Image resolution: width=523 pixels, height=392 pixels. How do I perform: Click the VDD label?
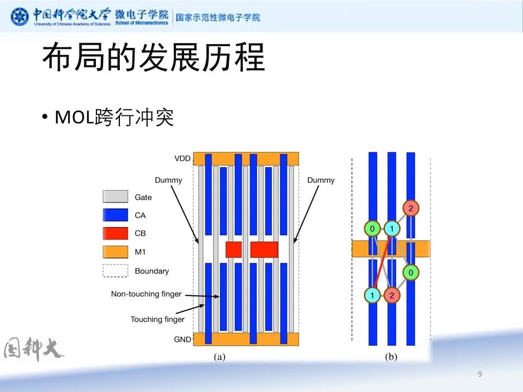coord(183,159)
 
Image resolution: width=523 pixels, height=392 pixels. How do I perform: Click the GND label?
coord(183,339)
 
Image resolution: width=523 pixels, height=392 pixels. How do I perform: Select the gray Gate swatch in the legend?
coord(115,197)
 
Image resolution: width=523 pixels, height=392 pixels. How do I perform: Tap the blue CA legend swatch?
coord(115,215)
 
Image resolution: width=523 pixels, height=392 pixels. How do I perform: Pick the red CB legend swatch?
coord(115,233)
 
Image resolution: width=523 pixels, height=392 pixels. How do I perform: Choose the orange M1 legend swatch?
coord(115,252)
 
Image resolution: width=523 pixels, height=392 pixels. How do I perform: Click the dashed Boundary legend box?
coord(115,271)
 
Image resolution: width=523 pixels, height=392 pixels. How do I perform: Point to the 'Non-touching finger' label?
coord(146,294)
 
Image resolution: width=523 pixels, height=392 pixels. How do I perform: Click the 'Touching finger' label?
coord(157,320)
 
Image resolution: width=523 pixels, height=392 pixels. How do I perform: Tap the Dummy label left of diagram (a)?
coord(168,180)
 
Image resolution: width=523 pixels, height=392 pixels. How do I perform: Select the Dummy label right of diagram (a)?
coord(321,180)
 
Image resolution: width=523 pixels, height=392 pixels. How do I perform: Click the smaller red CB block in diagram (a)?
coord(233,249)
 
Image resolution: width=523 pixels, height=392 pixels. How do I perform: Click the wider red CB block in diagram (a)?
coord(264,249)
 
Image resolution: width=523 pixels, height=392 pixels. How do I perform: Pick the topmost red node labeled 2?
coord(411,208)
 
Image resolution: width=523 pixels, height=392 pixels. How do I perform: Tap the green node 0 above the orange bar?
coord(372,229)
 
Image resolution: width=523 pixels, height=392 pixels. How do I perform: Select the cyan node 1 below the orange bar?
coord(372,295)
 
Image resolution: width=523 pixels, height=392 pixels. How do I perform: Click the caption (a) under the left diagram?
coord(219,357)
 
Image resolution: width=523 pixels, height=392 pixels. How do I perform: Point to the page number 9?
coord(479,374)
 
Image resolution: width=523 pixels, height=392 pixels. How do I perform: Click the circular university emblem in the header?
coord(20,16)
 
